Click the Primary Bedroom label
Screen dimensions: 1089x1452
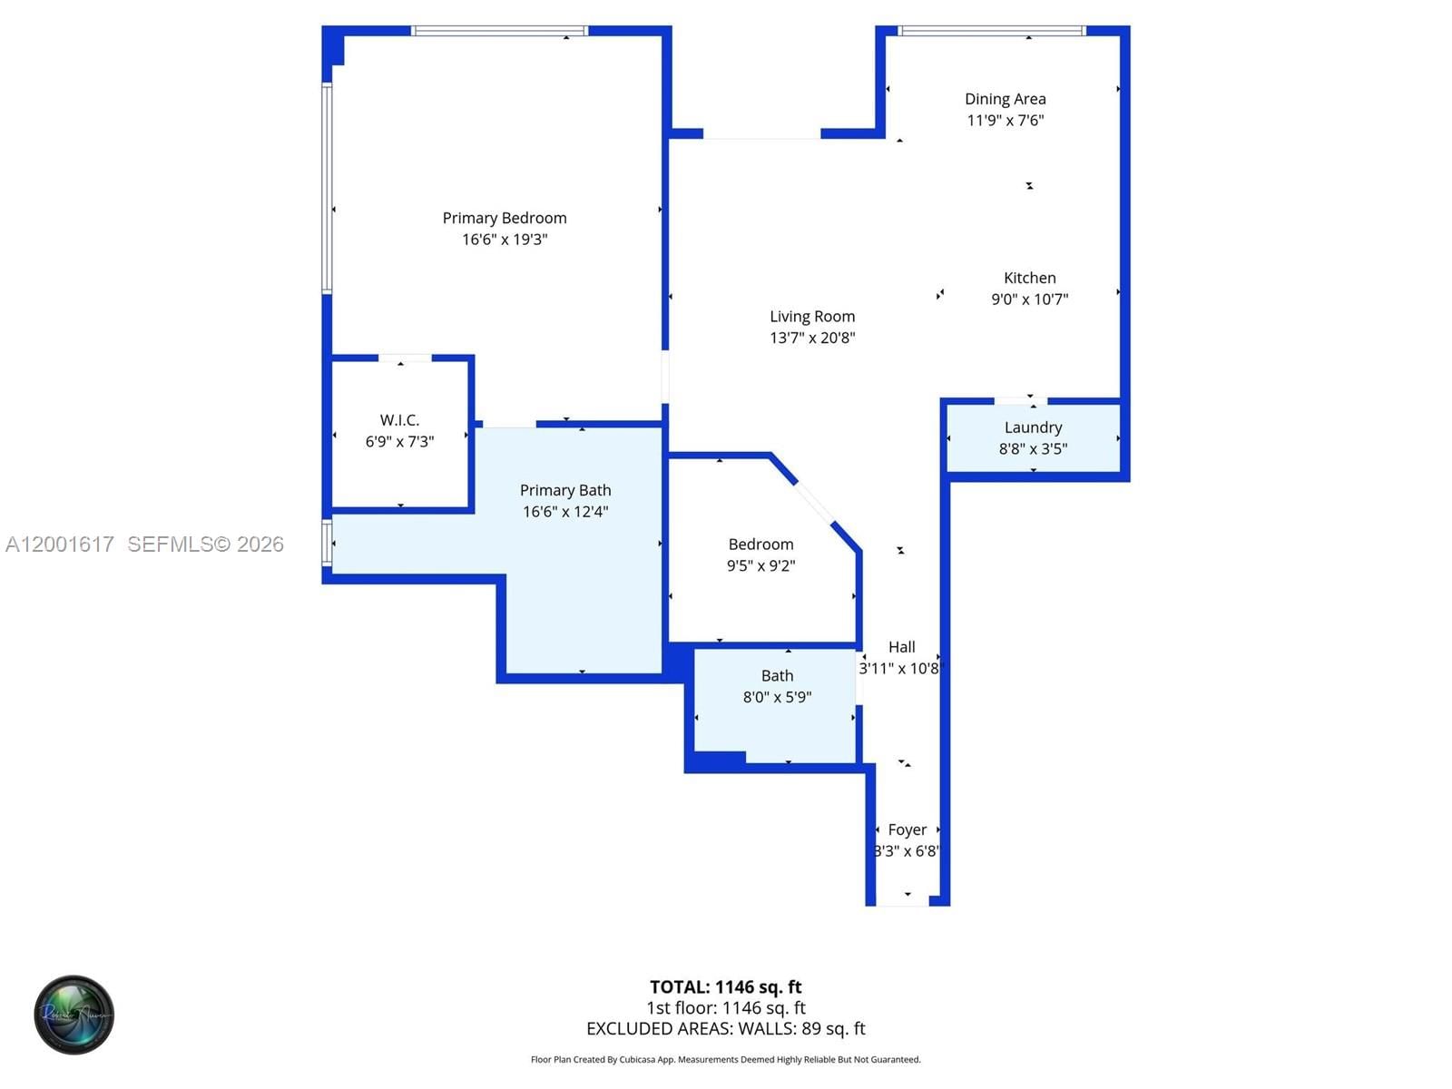point(505,218)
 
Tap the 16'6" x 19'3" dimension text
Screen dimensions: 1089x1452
point(505,240)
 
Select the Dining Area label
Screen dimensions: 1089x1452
point(1005,99)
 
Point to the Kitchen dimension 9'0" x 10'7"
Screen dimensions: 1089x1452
point(1029,299)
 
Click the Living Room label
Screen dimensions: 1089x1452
point(812,316)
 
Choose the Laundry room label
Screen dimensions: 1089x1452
point(1033,427)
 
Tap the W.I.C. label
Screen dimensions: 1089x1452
point(399,420)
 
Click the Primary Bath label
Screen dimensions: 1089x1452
point(565,490)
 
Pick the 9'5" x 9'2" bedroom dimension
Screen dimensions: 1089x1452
point(760,565)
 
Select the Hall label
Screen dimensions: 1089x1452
point(901,647)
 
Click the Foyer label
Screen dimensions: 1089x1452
point(907,829)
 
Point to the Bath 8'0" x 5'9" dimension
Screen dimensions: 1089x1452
point(777,697)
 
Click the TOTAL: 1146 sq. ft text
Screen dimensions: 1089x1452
point(725,986)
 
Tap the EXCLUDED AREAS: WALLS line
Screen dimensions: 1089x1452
point(725,1028)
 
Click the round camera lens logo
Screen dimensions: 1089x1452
point(74,1015)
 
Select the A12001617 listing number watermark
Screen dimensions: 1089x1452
point(60,544)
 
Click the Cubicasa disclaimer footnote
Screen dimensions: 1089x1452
point(725,1059)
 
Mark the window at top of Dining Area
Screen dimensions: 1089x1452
point(991,31)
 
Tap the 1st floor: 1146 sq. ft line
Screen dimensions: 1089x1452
point(725,1007)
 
